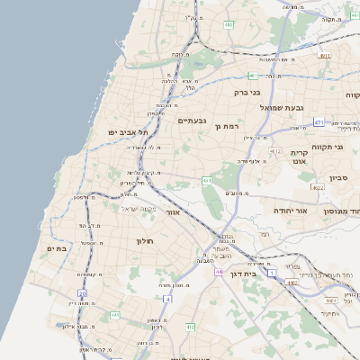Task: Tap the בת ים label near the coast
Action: pos(58,248)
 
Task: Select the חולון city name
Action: pos(146,241)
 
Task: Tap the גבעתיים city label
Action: pos(193,121)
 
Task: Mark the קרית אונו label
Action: pos(300,156)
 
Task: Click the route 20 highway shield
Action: pos(82,293)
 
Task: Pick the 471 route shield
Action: pos(319,121)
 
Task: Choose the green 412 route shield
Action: pos(275,151)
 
